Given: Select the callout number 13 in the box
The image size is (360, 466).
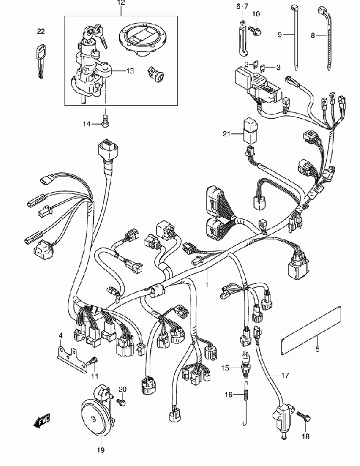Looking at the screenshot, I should pyautogui.click(x=130, y=70).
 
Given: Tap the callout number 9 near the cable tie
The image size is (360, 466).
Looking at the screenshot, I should pyautogui.click(x=279, y=35).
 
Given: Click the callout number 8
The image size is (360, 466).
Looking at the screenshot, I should pyautogui.click(x=312, y=35).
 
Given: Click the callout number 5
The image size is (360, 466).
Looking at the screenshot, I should pyautogui.click(x=317, y=349).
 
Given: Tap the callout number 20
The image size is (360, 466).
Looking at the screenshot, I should pyautogui.click(x=122, y=389).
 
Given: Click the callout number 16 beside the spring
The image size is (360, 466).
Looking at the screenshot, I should pyautogui.click(x=229, y=395).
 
